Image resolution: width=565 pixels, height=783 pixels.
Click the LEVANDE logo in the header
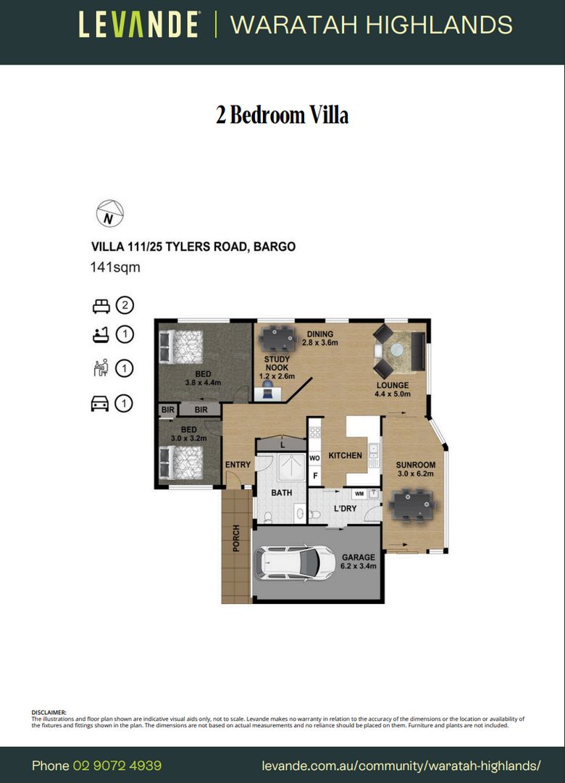[139, 25]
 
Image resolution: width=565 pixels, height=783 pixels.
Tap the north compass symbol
[110, 214]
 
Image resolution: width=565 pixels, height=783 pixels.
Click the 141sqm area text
[114, 267]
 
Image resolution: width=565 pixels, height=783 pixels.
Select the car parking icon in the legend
[100, 404]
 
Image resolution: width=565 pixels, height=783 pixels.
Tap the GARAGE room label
[359, 558]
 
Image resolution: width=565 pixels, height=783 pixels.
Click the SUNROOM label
[416, 465]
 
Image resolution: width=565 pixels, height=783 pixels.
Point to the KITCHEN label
[346, 456]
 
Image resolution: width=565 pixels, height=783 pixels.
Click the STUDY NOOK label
[277, 363]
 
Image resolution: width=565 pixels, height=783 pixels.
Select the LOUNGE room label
[392, 385]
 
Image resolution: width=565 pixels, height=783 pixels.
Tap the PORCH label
[236, 539]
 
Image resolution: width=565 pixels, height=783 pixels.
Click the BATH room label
[281, 493]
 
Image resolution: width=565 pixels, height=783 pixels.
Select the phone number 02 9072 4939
[117, 766]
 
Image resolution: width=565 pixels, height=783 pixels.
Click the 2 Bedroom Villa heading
[282, 115]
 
